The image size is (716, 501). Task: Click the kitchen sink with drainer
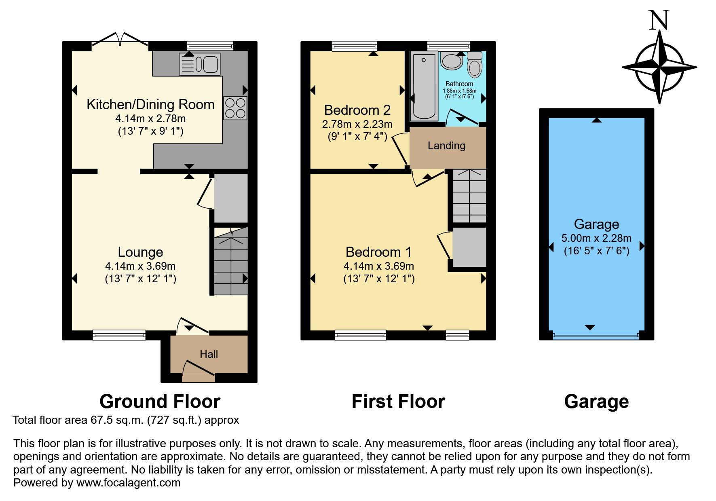(x=200, y=64)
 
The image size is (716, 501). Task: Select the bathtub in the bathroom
(x=424, y=87)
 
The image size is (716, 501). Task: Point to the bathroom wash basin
(x=452, y=61)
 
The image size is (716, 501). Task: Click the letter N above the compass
(x=659, y=21)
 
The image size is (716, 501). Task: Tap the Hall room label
(x=209, y=354)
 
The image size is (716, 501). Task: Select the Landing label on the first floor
(x=446, y=146)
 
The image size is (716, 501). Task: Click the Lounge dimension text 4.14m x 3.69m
(x=140, y=266)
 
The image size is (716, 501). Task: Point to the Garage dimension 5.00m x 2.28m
(x=596, y=238)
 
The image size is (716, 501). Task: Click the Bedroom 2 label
(x=357, y=110)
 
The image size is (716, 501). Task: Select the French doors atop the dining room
(x=120, y=39)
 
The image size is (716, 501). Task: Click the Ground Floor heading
(x=160, y=402)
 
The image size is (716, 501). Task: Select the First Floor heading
(x=398, y=402)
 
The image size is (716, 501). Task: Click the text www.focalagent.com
(x=128, y=483)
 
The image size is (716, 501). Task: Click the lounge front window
(x=119, y=334)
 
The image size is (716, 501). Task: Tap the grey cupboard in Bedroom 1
(x=469, y=247)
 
